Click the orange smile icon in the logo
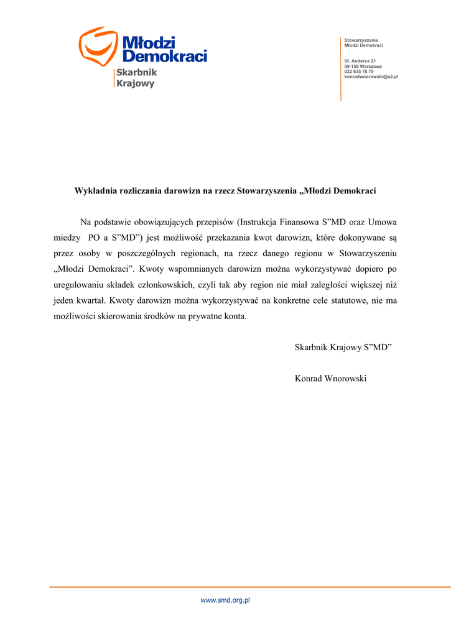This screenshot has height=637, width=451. tap(98, 46)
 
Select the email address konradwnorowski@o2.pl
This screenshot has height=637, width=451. tap(371, 77)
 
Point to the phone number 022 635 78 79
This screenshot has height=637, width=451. tap(359, 72)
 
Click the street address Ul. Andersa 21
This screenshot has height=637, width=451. tap(360, 60)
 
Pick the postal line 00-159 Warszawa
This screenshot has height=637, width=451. tap(363, 66)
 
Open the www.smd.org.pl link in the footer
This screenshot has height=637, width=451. tap(225, 600)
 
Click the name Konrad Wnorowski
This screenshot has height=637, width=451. tap(330, 378)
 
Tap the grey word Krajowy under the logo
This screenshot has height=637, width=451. tap(135, 83)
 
